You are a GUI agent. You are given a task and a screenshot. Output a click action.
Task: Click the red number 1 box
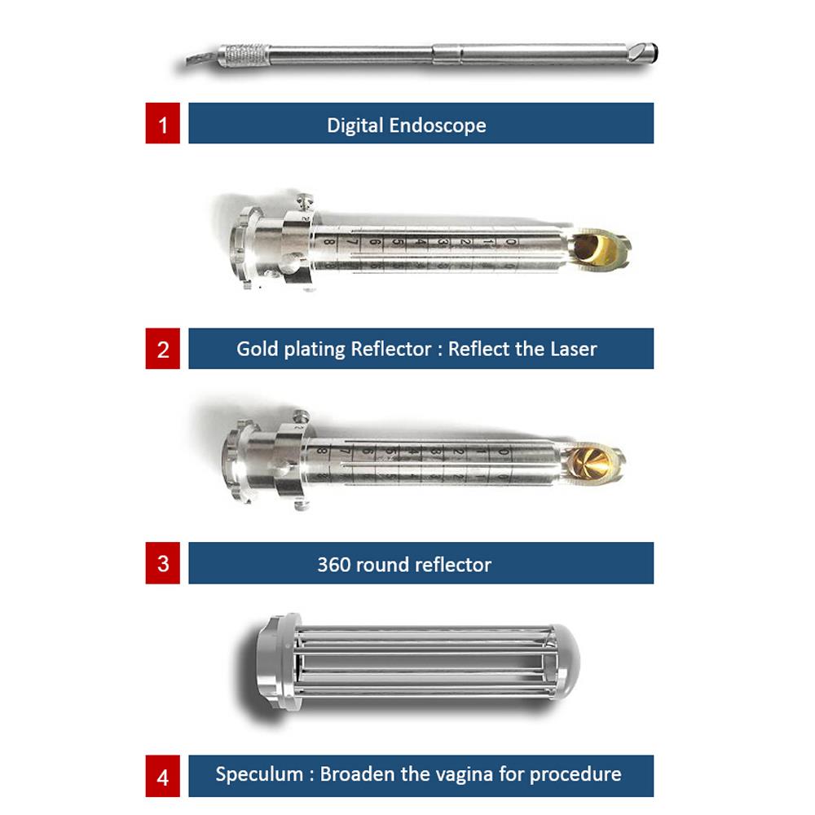(163, 123)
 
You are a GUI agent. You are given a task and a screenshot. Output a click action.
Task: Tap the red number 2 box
(163, 349)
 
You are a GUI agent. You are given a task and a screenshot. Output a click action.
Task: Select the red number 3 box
(163, 563)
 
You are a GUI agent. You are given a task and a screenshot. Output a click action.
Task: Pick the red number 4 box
(163, 776)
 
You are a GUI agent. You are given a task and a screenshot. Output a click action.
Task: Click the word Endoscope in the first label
(438, 126)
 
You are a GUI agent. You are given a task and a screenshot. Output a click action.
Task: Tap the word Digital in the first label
(355, 126)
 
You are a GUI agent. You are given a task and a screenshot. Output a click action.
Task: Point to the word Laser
(574, 349)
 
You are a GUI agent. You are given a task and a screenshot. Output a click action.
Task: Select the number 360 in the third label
(333, 565)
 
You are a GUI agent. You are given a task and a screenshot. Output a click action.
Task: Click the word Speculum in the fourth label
(259, 774)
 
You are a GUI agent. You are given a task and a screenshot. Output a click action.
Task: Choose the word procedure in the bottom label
(575, 774)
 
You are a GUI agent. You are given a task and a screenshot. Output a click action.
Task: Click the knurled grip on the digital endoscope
(245, 53)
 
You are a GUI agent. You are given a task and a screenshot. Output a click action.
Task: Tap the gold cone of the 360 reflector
(589, 460)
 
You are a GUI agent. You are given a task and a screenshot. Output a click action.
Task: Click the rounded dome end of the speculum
(566, 660)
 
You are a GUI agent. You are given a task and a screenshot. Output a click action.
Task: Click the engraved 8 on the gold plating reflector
(328, 242)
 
